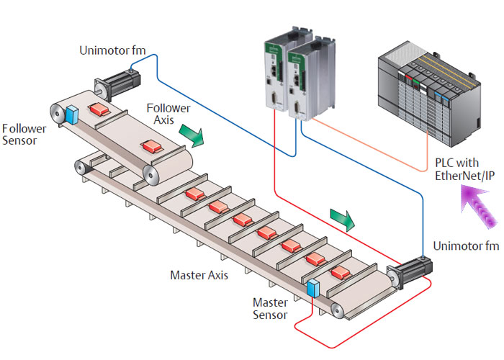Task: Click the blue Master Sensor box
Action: tap(312, 288)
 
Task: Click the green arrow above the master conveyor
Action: tap(342, 218)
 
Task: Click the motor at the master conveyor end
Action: tap(409, 275)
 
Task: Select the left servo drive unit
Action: tap(274, 72)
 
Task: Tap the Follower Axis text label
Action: tap(168, 114)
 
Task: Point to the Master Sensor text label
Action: tap(270, 309)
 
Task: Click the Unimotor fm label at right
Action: tap(466, 246)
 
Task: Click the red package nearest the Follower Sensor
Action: tap(98, 109)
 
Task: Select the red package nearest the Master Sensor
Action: tap(341, 272)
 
